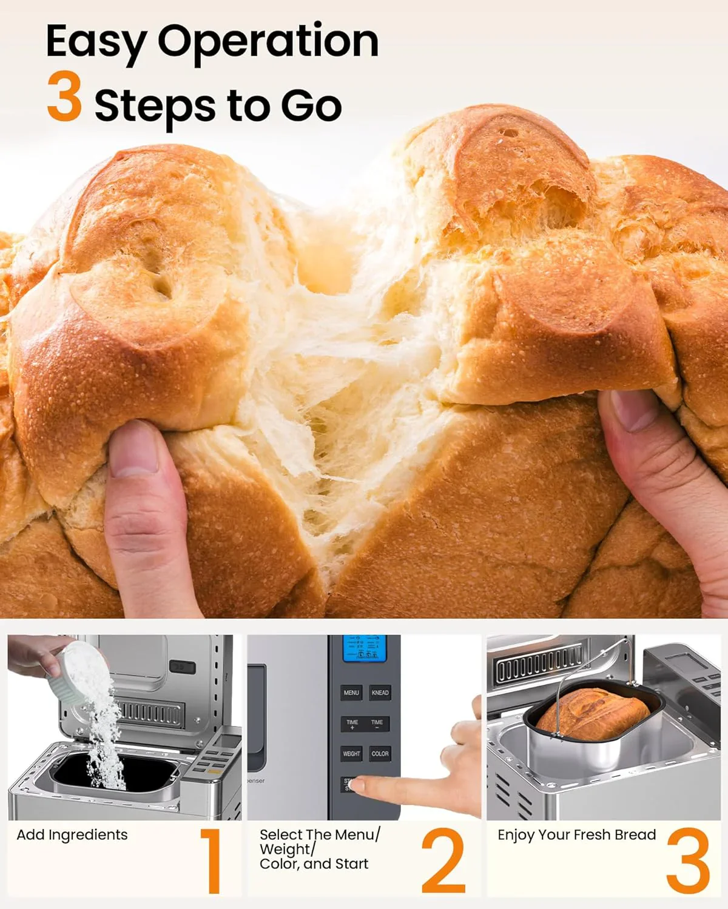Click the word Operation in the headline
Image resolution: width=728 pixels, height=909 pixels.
[268, 41]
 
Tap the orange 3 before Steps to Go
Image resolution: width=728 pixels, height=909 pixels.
[64, 97]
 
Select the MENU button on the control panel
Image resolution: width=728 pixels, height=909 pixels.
[351, 693]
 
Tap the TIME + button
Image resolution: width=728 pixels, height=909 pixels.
[352, 724]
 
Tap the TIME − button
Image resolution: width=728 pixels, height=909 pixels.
[377, 724]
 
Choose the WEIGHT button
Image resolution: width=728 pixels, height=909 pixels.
[351, 754]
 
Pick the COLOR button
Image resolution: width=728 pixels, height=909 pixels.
[380, 754]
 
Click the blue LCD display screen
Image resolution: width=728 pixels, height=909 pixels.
[364, 649]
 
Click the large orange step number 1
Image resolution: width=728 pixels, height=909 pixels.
[211, 861]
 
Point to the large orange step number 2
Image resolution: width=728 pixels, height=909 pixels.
[443, 861]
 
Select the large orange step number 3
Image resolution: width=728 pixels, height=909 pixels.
[688, 861]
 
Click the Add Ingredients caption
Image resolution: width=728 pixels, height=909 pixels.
[72, 835]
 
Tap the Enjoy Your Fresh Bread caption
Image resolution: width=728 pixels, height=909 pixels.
[576, 835]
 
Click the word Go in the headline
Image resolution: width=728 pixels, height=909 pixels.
[311, 105]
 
